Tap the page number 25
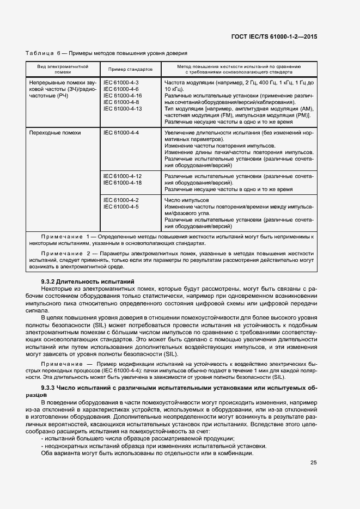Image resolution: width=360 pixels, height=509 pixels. [x=313, y=463]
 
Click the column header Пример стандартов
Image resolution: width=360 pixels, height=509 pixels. [x=130, y=69]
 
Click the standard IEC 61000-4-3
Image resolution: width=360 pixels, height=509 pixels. [x=121, y=82]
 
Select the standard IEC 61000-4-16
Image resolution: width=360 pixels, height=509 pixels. [x=123, y=95]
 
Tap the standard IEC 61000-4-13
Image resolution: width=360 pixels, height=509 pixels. [x=123, y=108]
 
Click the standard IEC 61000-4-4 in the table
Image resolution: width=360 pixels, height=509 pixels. [x=121, y=133]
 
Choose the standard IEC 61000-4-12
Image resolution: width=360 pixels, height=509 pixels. [x=123, y=176]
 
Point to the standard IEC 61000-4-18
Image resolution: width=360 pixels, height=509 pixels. [x=123, y=183]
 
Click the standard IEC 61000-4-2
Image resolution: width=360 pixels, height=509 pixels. [x=121, y=200]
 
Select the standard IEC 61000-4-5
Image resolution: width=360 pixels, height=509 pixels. [x=121, y=207]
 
